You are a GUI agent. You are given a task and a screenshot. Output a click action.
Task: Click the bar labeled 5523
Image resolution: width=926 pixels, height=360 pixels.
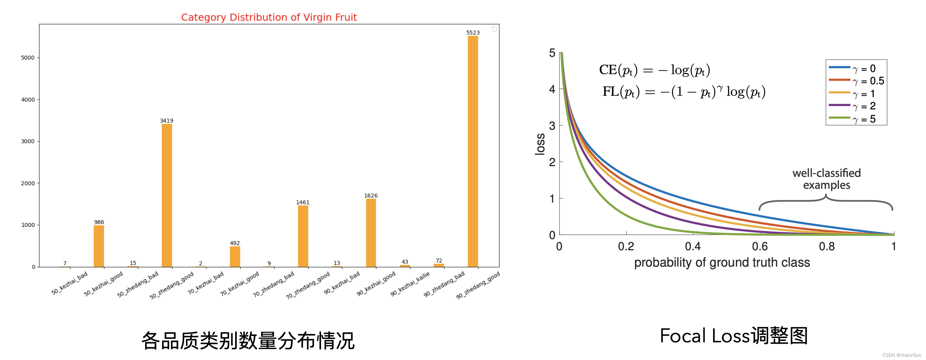[473, 151]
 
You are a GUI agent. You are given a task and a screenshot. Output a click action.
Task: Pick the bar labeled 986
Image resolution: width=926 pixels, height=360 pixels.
[99, 246]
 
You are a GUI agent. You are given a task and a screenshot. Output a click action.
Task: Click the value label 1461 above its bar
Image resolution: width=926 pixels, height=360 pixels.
[303, 203]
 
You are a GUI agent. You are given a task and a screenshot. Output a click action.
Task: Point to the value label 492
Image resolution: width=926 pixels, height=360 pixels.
[235, 243]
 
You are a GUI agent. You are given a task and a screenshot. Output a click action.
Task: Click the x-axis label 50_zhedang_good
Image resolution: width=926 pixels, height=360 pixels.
[172, 285]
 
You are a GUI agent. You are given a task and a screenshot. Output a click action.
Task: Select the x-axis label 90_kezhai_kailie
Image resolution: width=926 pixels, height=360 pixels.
[410, 284]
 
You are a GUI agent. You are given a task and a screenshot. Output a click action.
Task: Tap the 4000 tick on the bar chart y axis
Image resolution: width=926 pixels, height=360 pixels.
[28, 99]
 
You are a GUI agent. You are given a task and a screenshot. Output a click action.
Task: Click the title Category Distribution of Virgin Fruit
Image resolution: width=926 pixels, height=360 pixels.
[269, 17]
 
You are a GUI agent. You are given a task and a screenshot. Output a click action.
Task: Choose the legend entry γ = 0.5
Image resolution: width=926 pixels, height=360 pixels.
[868, 81]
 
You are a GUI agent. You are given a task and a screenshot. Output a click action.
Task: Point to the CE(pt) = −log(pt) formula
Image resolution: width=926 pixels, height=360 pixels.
[654, 70]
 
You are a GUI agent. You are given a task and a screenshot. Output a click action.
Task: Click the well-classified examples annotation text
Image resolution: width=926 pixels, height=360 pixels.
[826, 179]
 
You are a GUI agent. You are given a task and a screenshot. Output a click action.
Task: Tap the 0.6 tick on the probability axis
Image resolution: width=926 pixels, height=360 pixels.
[760, 246]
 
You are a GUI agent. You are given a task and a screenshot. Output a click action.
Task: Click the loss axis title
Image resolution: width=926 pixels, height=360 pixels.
[540, 144]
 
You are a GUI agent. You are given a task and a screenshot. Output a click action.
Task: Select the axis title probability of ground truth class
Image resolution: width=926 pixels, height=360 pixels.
[722, 262]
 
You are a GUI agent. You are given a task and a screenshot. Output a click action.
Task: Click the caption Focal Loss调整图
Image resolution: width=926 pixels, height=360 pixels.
[733, 336]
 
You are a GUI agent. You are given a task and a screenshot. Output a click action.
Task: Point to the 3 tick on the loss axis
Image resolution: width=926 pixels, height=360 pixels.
[552, 126]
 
